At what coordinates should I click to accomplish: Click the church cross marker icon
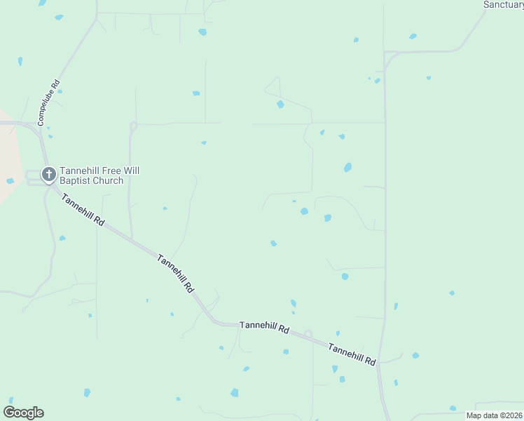click(49, 173)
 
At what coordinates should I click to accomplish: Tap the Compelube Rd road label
click(50, 102)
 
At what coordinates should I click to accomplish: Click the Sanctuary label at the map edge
click(504, 5)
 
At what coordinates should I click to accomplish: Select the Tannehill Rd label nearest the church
click(83, 209)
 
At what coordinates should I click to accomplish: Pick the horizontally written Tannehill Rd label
click(264, 326)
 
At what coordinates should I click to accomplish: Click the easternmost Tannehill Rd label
click(352, 354)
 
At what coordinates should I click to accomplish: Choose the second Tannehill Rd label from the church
click(176, 273)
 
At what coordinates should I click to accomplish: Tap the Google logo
click(23, 413)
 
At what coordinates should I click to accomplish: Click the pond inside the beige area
click(10, 181)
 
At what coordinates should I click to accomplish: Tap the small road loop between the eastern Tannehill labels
click(308, 333)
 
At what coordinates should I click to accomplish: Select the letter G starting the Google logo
click(8, 413)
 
